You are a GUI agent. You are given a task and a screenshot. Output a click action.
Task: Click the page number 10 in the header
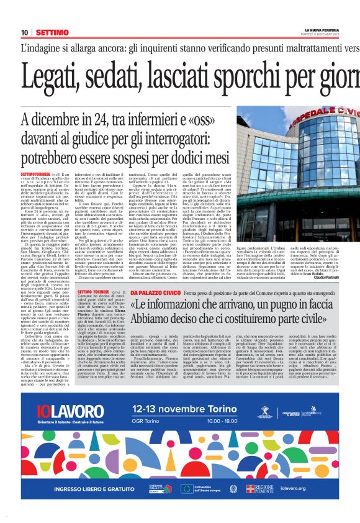25,32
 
